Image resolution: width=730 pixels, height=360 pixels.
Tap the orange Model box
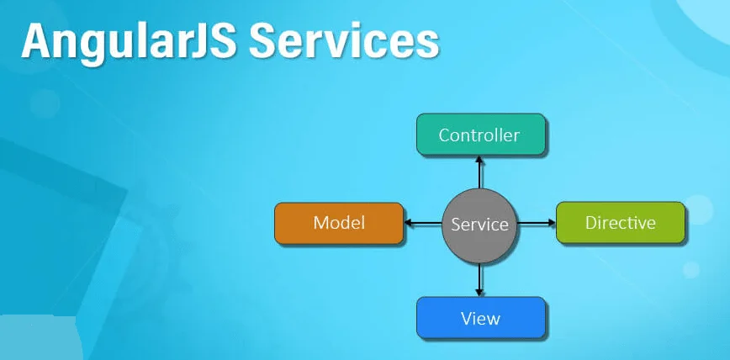pos(338,223)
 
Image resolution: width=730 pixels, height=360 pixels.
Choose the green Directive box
pos(620,223)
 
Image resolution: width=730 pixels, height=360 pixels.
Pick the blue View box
pos(481,319)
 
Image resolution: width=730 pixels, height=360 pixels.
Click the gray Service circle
pos(479,225)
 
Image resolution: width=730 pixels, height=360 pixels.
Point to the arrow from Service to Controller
pos(480,172)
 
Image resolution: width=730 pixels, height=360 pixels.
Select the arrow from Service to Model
pos(423,224)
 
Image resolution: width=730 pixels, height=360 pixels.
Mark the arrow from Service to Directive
pos(536,224)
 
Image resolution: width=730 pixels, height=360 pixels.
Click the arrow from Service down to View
pos(479,278)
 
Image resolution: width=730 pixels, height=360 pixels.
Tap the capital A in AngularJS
pos(37,41)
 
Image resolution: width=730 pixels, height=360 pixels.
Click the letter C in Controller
pos(444,135)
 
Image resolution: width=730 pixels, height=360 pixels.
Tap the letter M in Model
pos(321,223)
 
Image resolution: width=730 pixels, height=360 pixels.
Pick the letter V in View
pos(466,319)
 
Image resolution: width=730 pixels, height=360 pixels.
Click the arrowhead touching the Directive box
pos(552,224)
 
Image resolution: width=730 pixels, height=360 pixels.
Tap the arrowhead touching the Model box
pos(408,224)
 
